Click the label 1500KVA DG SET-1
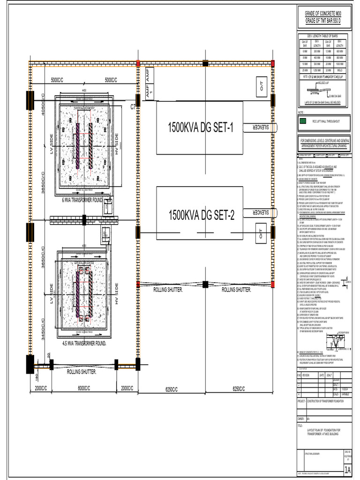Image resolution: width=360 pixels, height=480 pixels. [200, 127]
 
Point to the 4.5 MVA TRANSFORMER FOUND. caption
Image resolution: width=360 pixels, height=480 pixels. [84, 343]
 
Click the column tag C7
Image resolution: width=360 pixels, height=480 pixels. [133, 107]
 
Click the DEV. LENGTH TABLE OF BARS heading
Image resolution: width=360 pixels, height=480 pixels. [322, 36]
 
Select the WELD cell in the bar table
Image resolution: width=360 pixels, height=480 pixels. [339, 69]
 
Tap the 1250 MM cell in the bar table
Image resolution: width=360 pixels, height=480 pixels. [317, 69]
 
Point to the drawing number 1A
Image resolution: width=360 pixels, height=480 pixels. [347, 470]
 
